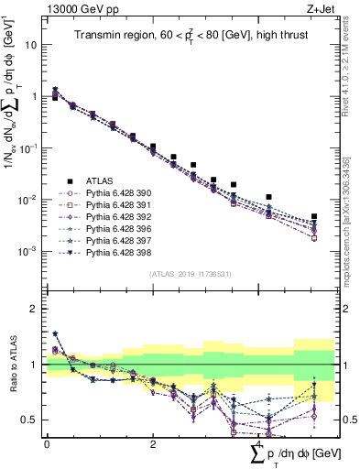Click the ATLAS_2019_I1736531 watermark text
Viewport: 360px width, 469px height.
point(191,274)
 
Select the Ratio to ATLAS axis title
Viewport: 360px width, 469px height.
point(12,365)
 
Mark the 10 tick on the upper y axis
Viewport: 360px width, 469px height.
point(31,44)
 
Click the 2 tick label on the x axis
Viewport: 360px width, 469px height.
point(152,443)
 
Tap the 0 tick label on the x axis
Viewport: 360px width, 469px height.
point(47,443)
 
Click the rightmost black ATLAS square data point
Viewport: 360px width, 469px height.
point(314,217)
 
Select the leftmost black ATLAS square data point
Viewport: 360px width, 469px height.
point(55,96)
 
